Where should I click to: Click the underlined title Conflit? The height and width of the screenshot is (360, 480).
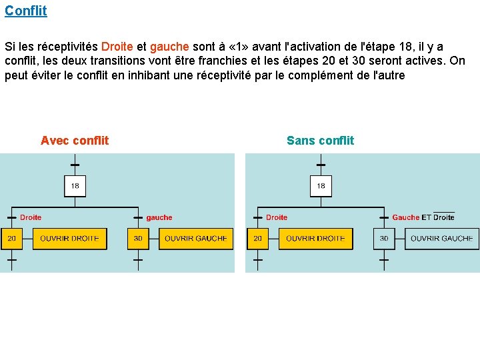(25, 11)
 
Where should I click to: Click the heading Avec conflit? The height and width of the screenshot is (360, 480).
(75, 141)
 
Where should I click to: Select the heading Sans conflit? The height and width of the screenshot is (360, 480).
(320, 141)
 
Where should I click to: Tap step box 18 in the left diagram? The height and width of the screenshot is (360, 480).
(75, 186)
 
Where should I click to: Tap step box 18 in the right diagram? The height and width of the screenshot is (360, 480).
(321, 186)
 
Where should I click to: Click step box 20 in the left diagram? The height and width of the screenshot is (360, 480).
(12, 239)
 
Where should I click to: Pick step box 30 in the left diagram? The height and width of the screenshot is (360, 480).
(137, 239)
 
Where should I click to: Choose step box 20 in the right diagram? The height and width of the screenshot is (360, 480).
(257, 239)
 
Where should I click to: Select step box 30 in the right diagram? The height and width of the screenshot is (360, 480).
(384, 239)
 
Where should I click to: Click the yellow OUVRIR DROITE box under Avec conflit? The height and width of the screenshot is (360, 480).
(69, 239)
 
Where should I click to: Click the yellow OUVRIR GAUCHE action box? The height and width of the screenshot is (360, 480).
(196, 239)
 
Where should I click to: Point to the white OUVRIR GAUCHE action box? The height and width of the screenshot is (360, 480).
(441, 239)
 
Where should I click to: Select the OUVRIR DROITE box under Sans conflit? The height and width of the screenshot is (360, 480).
(315, 239)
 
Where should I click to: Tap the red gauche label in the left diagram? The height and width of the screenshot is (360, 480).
(159, 217)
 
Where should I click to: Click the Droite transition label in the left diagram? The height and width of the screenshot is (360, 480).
(31, 217)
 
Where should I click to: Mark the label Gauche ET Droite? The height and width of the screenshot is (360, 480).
(423, 217)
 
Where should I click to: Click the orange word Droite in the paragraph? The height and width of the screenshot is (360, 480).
(117, 47)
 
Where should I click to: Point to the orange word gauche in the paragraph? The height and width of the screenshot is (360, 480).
(171, 47)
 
